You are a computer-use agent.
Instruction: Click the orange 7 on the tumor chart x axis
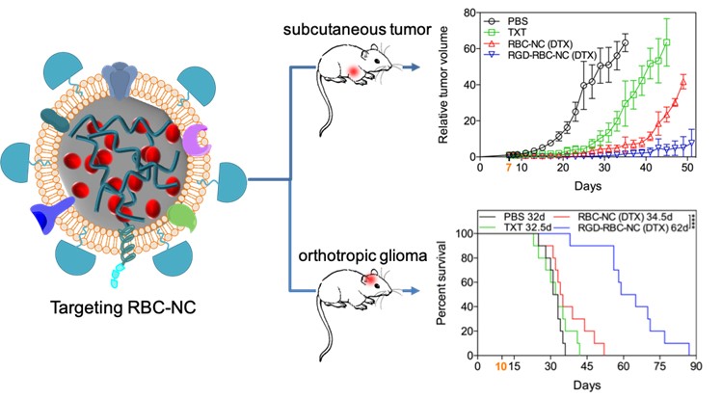(509, 170)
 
